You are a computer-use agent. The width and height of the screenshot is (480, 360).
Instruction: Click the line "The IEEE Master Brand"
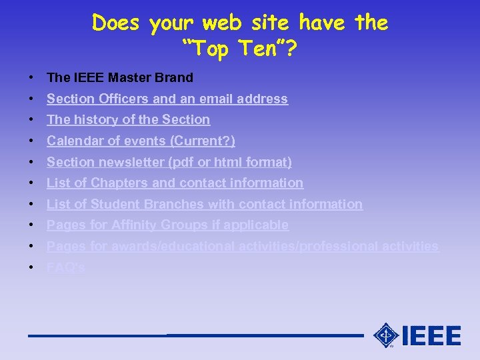tap(120, 77)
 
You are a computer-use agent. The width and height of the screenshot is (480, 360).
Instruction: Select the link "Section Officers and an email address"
tap(167, 99)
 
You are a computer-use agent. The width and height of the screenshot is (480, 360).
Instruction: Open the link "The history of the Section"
tap(128, 119)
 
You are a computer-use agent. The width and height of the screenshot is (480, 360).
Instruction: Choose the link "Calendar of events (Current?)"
tap(141, 141)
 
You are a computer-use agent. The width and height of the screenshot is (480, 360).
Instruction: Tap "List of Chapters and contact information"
tap(175, 183)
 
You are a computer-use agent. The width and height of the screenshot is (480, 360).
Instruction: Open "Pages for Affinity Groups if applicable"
tap(167, 225)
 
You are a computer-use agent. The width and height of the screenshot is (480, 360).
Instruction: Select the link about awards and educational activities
tap(243, 246)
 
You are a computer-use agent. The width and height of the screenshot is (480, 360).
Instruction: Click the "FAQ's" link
tap(66, 267)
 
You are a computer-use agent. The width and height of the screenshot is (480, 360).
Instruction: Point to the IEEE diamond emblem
tap(386, 335)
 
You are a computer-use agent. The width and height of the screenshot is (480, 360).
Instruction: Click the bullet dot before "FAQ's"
tap(32, 267)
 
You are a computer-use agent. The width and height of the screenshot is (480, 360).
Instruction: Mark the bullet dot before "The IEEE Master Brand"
tap(32, 77)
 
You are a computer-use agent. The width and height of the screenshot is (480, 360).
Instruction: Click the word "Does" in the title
tap(117, 23)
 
